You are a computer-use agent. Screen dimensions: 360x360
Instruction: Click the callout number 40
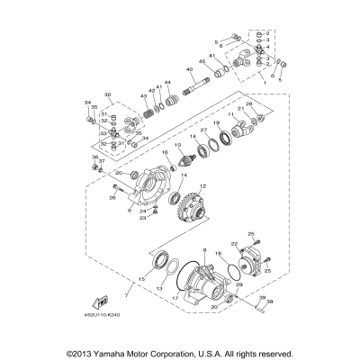(189, 68)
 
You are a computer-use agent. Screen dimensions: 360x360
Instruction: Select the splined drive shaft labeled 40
(199, 89)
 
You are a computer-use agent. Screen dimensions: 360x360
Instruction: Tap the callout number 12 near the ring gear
(202, 185)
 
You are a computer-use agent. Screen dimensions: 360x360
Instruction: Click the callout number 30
(107, 94)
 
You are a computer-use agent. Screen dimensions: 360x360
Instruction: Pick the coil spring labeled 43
(147, 109)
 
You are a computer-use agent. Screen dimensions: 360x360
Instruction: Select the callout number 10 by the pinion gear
(178, 145)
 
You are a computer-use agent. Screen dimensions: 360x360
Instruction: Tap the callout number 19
(217, 121)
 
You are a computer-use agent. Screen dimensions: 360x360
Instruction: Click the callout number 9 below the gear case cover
(130, 212)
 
